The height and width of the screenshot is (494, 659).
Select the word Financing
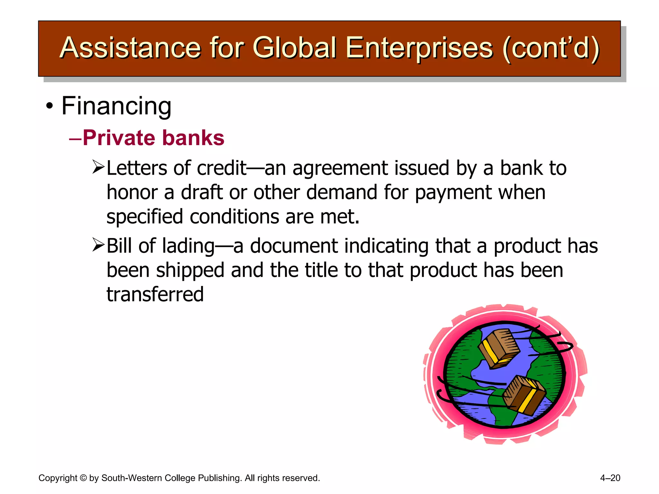116,106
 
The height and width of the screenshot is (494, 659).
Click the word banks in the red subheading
193,138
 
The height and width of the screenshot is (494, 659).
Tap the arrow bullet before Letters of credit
98,167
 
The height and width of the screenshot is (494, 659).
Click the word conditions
235,216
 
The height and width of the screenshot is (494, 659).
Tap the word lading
188,246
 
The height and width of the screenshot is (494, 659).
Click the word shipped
190,270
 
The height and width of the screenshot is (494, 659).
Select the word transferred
155,294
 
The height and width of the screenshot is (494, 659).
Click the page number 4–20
610,478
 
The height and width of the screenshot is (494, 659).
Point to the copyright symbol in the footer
83,478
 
